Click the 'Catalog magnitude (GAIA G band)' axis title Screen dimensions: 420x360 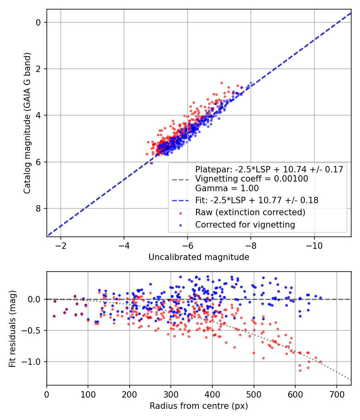27,123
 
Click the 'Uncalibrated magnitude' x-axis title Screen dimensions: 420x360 199,257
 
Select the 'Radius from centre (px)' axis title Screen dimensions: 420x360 199,406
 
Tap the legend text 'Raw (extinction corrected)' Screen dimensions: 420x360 250,212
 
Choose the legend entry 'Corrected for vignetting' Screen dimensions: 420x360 245,225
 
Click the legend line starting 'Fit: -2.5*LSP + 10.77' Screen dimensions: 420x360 256,200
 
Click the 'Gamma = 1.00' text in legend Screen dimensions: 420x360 227,188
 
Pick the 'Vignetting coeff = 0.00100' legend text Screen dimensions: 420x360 252,179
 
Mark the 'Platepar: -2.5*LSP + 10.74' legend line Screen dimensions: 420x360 269,169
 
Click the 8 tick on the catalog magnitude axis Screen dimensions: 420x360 38,208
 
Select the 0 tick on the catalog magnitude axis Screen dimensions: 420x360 38,22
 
